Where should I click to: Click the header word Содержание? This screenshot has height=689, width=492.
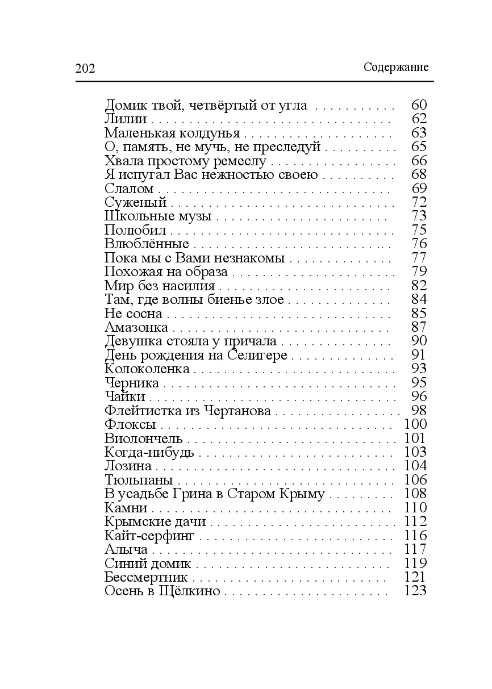(x=395, y=67)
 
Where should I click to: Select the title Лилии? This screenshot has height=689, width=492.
(x=126, y=119)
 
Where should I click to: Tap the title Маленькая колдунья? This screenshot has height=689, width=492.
(x=172, y=133)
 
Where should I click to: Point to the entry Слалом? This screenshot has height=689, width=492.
(x=130, y=189)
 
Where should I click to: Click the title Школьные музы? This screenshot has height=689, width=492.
(x=159, y=216)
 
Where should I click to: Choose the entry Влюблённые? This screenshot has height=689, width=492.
(x=147, y=244)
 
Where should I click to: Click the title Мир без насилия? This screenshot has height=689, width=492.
(x=160, y=286)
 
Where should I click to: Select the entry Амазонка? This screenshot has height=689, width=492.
(x=136, y=327)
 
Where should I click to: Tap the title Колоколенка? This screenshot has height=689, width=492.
(x=147, y=369)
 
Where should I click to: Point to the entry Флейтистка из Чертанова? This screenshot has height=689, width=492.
(x=187, y=411)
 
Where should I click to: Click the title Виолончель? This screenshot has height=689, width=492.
(x=144, y=439)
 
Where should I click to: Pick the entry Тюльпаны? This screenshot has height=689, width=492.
(x=139, y=480)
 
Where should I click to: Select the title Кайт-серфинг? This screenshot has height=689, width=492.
(x=150, y=536)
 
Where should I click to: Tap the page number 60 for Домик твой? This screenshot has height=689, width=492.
(x=418, y=105)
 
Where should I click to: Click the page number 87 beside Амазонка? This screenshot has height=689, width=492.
(x=418, y=327)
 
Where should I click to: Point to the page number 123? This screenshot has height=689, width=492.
(x=415, y=591)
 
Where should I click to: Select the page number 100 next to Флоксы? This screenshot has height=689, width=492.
(x=415, y=424)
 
